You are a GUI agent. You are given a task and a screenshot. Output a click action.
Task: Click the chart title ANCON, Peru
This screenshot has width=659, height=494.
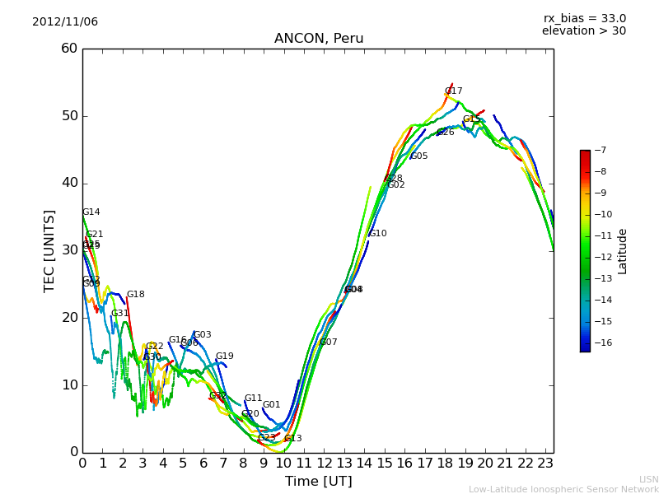tap(319, 39)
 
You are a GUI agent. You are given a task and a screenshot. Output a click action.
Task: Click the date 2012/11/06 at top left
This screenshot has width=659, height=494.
tap(65, 21)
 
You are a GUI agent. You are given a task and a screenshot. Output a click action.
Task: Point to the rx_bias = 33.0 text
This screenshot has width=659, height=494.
tap(584, 18)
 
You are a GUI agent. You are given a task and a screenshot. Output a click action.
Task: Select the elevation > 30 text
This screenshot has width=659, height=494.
tap(583, 31)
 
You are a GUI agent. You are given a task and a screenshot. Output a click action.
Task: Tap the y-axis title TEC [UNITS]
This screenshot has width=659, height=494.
tap(49, 250)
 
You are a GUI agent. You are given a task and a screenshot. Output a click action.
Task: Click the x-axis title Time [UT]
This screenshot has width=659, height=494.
tap(318, 481)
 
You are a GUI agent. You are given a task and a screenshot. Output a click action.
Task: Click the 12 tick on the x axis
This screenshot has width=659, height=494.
tap(325, 463)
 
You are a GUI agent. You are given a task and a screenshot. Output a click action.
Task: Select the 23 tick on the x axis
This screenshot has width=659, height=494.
tap(546, 463)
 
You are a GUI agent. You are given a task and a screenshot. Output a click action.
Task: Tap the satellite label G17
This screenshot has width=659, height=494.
tap(453, 91)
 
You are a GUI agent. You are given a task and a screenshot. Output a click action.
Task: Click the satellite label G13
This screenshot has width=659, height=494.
tap(292, 439)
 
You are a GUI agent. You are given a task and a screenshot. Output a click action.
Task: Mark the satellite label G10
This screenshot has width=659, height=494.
tap(377, 234)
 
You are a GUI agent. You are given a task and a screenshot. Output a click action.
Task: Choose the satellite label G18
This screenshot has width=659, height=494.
tap(135, 295)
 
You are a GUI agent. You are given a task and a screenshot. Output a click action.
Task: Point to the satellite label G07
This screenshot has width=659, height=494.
tap(328, 343)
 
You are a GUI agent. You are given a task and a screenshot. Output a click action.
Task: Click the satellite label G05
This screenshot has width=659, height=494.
tap(418, 156)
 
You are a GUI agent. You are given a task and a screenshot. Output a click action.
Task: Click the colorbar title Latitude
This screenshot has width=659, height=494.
tap(623, 250)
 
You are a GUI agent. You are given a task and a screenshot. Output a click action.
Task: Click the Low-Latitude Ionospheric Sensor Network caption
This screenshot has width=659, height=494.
tap(563, 489)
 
